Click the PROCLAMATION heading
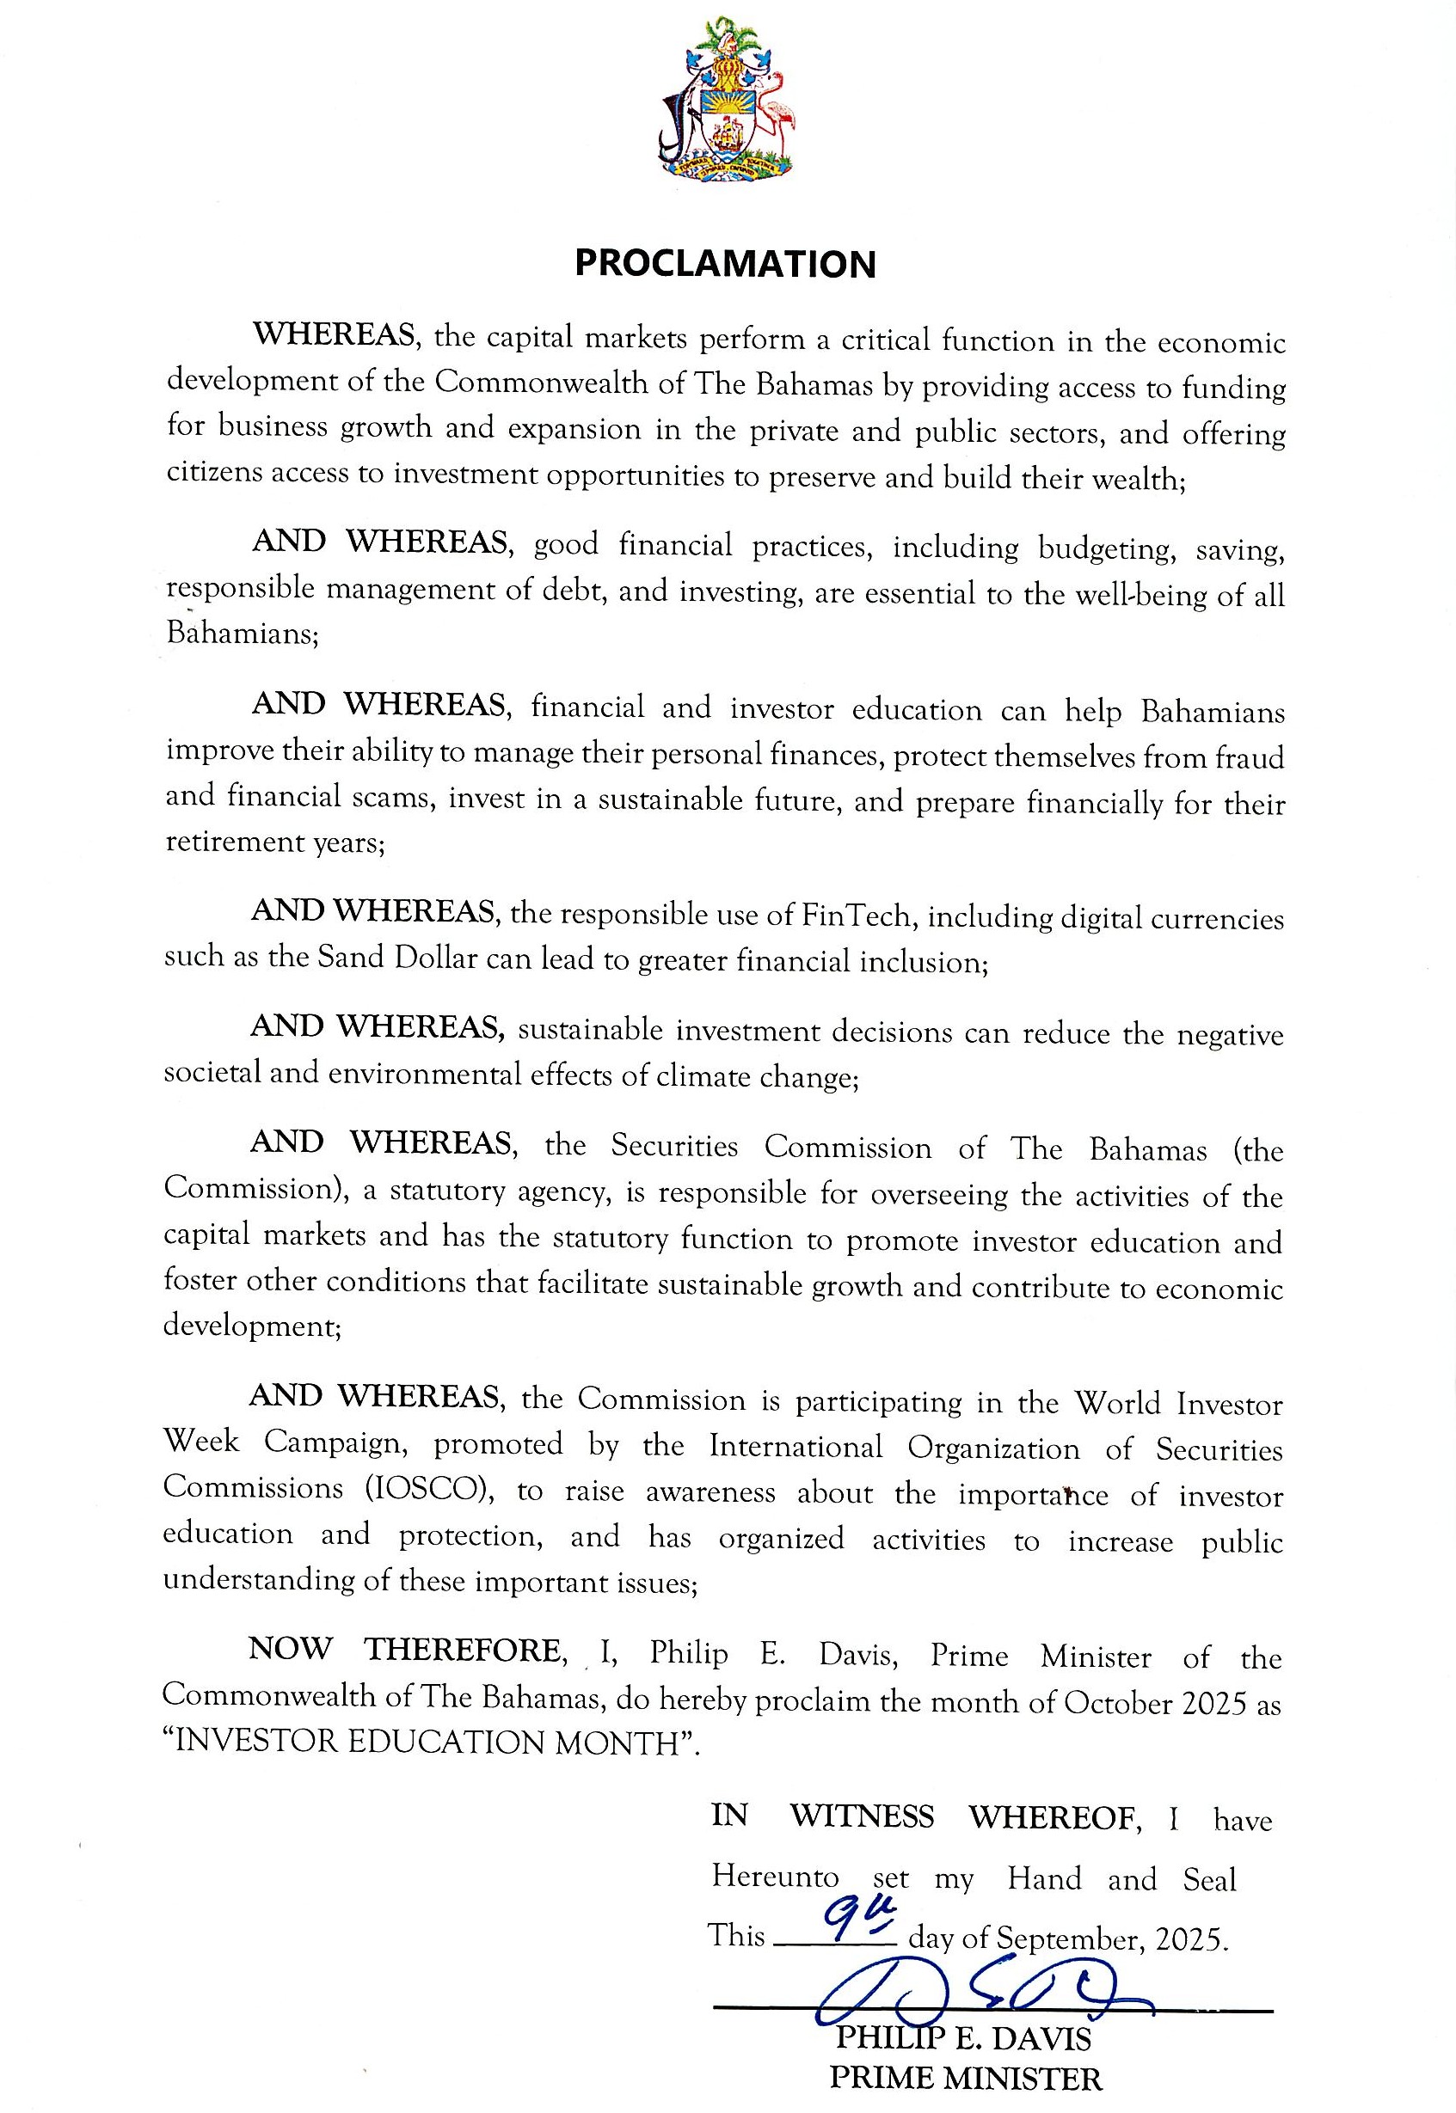coord(725,264)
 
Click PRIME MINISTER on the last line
coord(965,2079)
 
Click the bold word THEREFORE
coord(463,1650)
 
